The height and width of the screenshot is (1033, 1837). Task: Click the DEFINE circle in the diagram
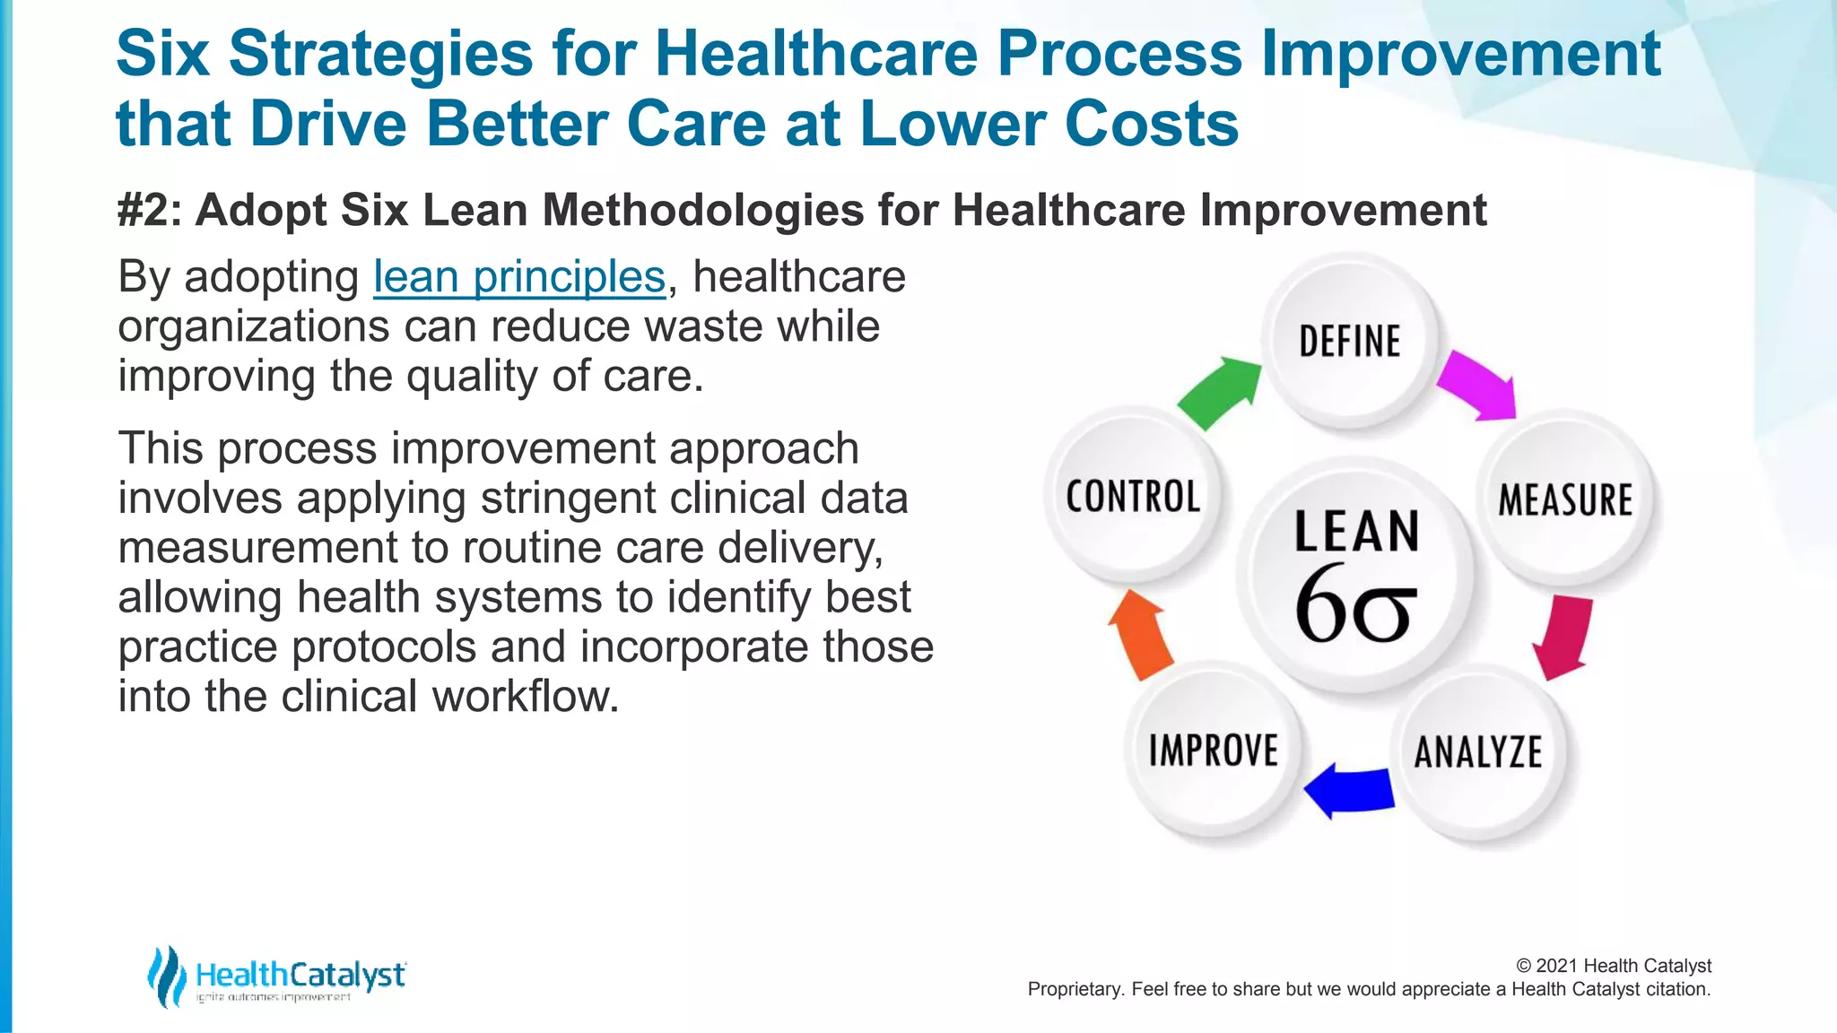pos(1350,342)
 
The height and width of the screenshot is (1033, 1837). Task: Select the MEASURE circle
pos(1565,499)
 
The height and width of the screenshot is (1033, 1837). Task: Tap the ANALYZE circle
pos(1478,751)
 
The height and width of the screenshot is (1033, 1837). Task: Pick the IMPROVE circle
pos(1214,750)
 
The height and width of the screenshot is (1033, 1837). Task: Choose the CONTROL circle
pos(1133,496)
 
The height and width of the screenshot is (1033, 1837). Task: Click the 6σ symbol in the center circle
pos(1355,605)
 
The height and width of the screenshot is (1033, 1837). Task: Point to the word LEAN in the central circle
pos(1356,531)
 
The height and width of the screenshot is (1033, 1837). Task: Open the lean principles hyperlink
pos(519,276)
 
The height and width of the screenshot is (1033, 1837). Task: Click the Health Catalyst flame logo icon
pos(166,977)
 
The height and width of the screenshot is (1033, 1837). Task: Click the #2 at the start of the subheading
pos(149,211)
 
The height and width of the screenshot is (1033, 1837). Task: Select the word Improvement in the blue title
pos(1461,54)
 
